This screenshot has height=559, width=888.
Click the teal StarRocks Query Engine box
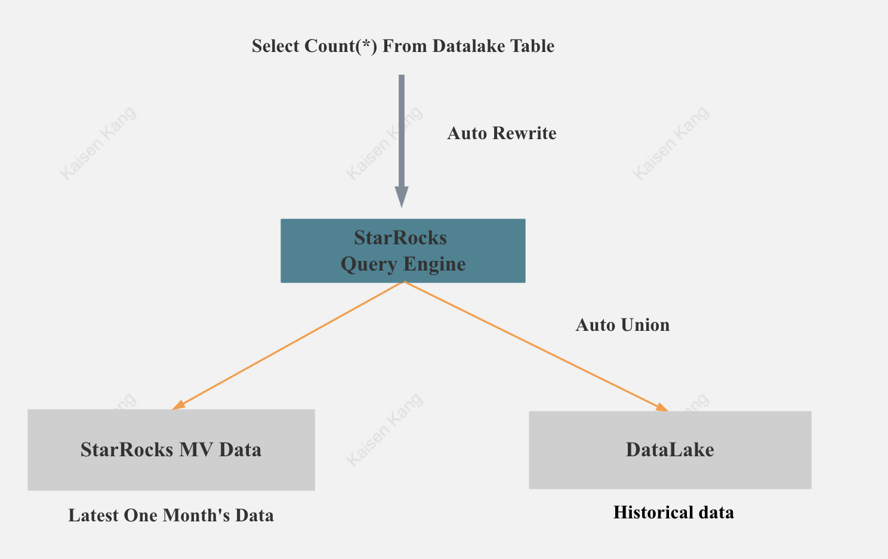pyautogui.click(x=403, y=251)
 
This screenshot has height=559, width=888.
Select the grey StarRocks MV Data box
pyautogui.click(x=171, y=450)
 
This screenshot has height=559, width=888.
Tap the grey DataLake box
pyautogui.click(x=670, y=450)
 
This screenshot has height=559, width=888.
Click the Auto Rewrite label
pyautogui.click(x=501, y=133)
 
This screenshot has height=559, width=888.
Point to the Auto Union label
pyautogui.click(x=622, y=325)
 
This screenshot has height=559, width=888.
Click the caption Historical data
pyautogui.click(x=673, y=512)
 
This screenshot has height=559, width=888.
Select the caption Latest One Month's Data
pyautogui.click(x=171, y=515)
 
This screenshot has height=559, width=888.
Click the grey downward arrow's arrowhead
pyautogui.click(x=402, y=196)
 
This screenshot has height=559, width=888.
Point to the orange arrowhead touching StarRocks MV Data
pyautogui.click(x=178, y=406)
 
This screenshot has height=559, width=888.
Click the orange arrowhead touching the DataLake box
pyautogui.click(x=661, y=408)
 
